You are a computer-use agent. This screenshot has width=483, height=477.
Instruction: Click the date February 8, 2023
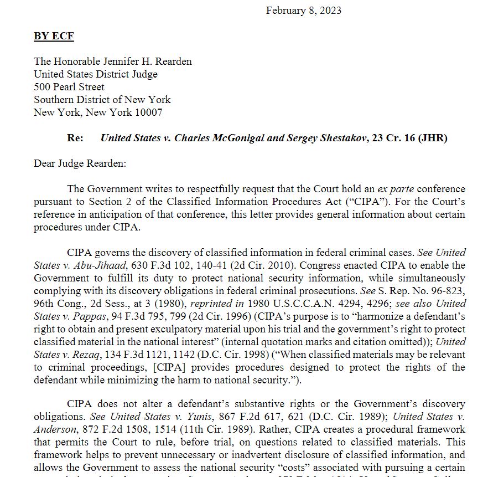click(x=303, y=11)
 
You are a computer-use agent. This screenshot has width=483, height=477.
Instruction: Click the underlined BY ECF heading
click(x=54, y=36)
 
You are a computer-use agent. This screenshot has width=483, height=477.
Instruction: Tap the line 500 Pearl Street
click(x=69, y=87)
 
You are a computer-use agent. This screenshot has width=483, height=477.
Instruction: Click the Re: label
click(x=75, y=138)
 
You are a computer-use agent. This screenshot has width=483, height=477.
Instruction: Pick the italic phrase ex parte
click(x=391, y=189)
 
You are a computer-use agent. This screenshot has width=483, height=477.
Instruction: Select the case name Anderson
click(x=55, y=429)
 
